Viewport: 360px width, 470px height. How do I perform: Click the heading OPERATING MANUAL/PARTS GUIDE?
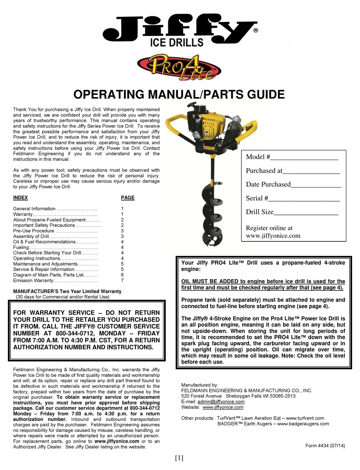coord(179,94)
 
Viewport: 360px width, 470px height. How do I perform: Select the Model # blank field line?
coord(304,158)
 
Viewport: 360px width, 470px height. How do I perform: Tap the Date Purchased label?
coord(268,184)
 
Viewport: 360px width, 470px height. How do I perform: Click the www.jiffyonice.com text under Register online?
coord(273,235)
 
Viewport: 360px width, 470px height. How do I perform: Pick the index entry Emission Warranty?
coord(33,280)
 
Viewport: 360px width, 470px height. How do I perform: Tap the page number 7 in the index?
coord(122,280)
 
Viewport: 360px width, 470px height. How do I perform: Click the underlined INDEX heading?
coord(20,197)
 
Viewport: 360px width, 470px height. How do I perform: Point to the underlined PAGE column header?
coord(128,197)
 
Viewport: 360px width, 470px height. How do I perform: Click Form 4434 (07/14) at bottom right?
coord(325,446)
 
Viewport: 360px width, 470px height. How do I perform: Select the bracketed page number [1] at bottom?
coord(179,458)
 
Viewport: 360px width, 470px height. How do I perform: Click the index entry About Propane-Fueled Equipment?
coord(49,220)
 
